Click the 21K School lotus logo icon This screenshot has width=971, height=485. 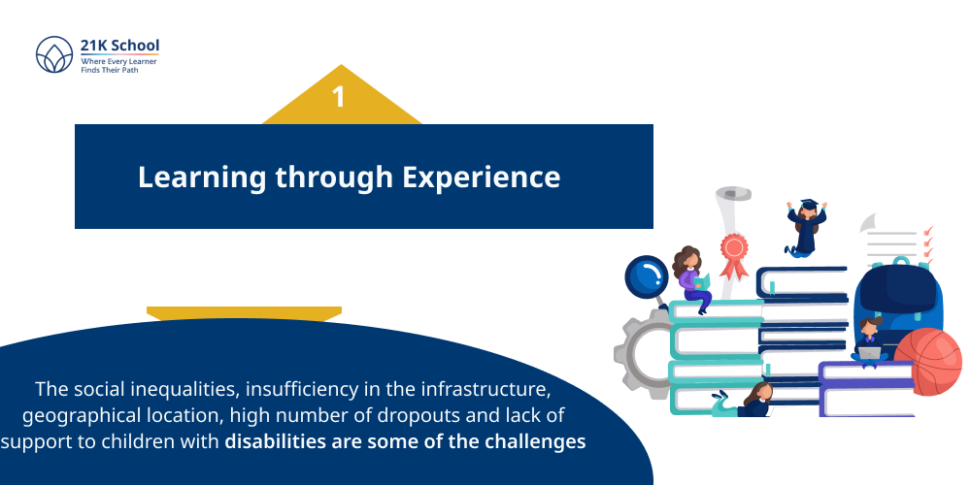coord(54,54)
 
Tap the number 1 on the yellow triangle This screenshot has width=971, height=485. coord(338,97)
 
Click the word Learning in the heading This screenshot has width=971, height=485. coord(199,178)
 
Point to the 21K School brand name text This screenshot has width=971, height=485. coord(119,45)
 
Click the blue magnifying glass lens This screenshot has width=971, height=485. coord(644,275)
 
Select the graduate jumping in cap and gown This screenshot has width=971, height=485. coord(805,229)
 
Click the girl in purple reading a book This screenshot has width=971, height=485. coord(691,278)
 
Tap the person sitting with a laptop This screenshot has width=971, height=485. coord(868,340)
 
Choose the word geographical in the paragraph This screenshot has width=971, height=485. coord(80,415)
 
